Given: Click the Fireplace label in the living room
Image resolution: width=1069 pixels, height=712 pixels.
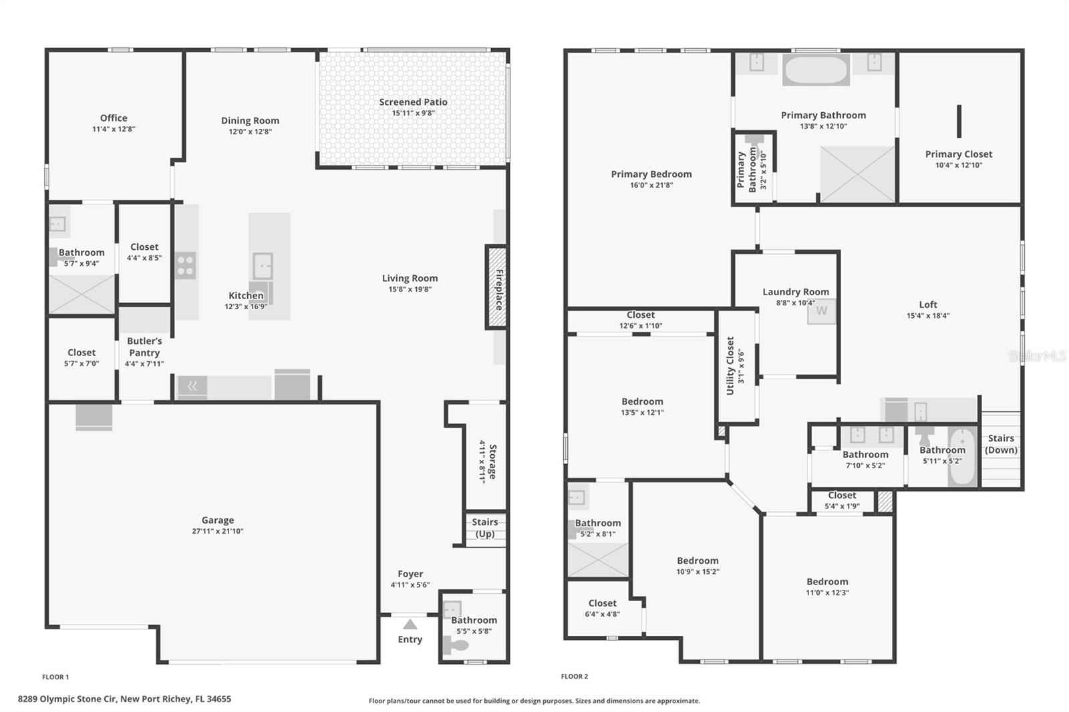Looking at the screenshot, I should click(498, 289).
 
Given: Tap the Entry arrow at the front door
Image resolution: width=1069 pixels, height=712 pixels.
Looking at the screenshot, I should click(410, 625).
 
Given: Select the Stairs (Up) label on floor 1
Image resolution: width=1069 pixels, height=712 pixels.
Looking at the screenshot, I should click(485, 528).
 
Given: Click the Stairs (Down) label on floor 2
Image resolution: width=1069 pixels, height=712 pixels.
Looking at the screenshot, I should click(1001, 444).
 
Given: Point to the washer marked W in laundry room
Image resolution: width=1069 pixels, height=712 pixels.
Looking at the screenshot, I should click(821, 311).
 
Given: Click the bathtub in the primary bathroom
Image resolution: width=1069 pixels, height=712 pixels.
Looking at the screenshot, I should click(815, 69).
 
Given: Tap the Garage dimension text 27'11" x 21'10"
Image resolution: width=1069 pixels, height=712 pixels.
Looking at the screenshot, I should click(218, 532).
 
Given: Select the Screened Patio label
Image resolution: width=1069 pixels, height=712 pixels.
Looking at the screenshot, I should click(413, 102).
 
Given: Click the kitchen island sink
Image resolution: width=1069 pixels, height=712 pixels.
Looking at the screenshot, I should click(263, 266).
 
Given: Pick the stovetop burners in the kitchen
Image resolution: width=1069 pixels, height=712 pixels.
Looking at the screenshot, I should click(185, 265).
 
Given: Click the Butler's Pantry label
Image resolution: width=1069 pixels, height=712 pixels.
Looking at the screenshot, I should click(144, 347).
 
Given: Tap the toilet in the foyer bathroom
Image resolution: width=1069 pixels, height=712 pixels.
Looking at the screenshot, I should click(456, 645).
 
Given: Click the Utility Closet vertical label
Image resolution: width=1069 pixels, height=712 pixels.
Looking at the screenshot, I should click(730, 365).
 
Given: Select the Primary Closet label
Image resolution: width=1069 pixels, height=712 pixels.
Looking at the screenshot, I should click(958, 154).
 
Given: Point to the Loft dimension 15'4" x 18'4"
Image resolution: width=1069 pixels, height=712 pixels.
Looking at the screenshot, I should click(928, 316).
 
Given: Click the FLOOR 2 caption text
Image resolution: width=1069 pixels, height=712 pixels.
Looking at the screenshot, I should click(575, 677).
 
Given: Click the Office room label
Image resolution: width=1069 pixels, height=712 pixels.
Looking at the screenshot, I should click(114, 118).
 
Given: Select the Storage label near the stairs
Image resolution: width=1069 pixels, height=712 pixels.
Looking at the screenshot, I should click(492, 461).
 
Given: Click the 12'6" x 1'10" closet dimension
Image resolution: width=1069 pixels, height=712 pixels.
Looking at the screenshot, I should click(640, 326).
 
